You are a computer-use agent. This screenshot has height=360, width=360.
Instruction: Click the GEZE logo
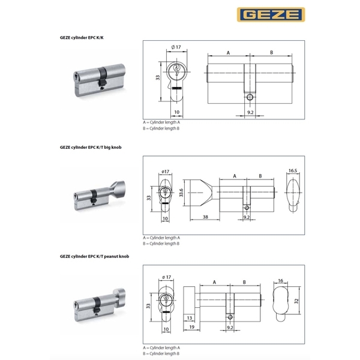pos(271,14)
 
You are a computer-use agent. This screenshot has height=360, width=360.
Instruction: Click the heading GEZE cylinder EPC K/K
pos(82,38)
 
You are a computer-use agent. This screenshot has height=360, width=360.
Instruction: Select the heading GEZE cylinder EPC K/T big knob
pos(91,148)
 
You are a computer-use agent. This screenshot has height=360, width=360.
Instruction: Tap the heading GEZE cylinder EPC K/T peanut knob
pos(94,256)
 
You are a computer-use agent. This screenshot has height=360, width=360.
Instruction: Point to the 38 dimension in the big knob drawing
pos(205,217)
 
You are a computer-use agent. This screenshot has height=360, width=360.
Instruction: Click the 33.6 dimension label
pos(181,193)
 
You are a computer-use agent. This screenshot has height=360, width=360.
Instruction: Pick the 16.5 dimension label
pos(293,170)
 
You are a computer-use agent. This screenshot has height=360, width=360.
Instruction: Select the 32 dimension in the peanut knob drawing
pos(296,301)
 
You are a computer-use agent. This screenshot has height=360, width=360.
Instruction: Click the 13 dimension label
pos(190,318)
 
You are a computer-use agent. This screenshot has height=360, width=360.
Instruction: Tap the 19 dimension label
pos(192,327)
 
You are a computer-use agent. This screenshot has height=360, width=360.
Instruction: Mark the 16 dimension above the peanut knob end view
pos(280,281)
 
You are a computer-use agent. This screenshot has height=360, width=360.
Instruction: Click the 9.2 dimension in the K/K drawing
pos(250,112)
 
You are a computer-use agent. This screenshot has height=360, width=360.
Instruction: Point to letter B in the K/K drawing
pos(271,53)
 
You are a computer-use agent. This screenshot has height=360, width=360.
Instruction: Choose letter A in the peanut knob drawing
pos(214,282)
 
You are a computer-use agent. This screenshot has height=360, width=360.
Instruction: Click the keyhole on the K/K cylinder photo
pos(76,76)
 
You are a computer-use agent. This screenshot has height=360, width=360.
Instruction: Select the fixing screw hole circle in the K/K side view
pos(250,97)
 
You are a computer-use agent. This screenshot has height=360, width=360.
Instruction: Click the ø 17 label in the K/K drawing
pos(176,47)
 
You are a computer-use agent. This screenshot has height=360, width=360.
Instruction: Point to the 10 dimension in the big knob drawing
pos(166,218)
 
